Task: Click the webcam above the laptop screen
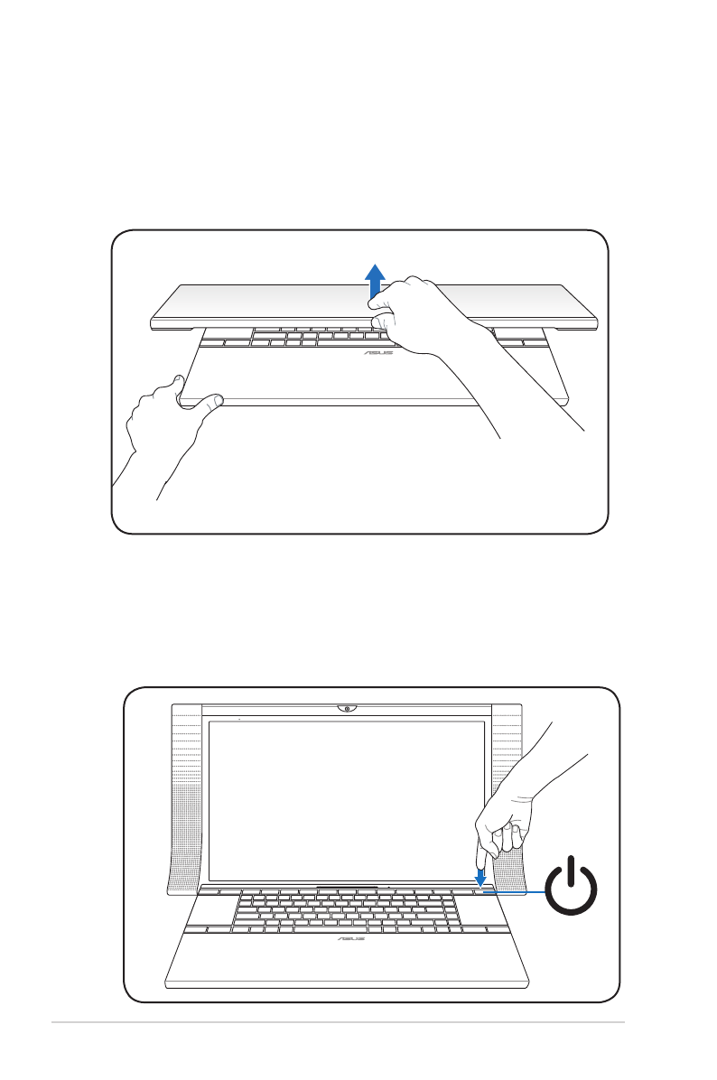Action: pyautogui.click(x=347, y=707)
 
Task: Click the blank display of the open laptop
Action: pyautogui.click(x=343, y=799)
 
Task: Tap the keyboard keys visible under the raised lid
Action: pyautogui.click(x=298, y=339)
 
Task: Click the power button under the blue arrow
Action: pyautogui.click(x=480, y=890)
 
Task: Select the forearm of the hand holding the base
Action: pyautogui.click(x=144, y=470)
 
